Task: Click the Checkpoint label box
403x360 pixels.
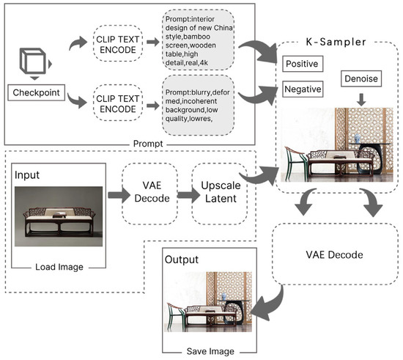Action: pos(36,92)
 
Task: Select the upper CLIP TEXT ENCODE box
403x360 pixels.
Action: pos(118,43)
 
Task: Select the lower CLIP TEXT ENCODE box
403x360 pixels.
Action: pos(118,103)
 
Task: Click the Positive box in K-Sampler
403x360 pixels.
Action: pos(303,64)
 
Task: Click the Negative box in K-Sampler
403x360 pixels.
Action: pos(303,89)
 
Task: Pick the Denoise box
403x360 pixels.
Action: pos(361,78)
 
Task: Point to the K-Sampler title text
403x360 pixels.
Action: pos(336,42)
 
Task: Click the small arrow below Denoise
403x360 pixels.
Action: pos(361,100)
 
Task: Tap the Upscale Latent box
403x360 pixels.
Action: pos(221,194)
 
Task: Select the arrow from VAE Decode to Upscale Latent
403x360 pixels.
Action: pos(188,194)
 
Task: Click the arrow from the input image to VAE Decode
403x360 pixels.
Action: pos(119,194)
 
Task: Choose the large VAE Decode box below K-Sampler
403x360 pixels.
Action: pos(335,254)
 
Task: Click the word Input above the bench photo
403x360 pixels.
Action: pos(27,175)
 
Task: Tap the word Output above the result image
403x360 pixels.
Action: pos(182,260)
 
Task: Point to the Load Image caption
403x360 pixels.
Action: pos(59,267)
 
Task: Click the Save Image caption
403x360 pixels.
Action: pos(210,351)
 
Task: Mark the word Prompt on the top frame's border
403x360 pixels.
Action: pos(148,144)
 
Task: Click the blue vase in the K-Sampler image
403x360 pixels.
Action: pos(358,139)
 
